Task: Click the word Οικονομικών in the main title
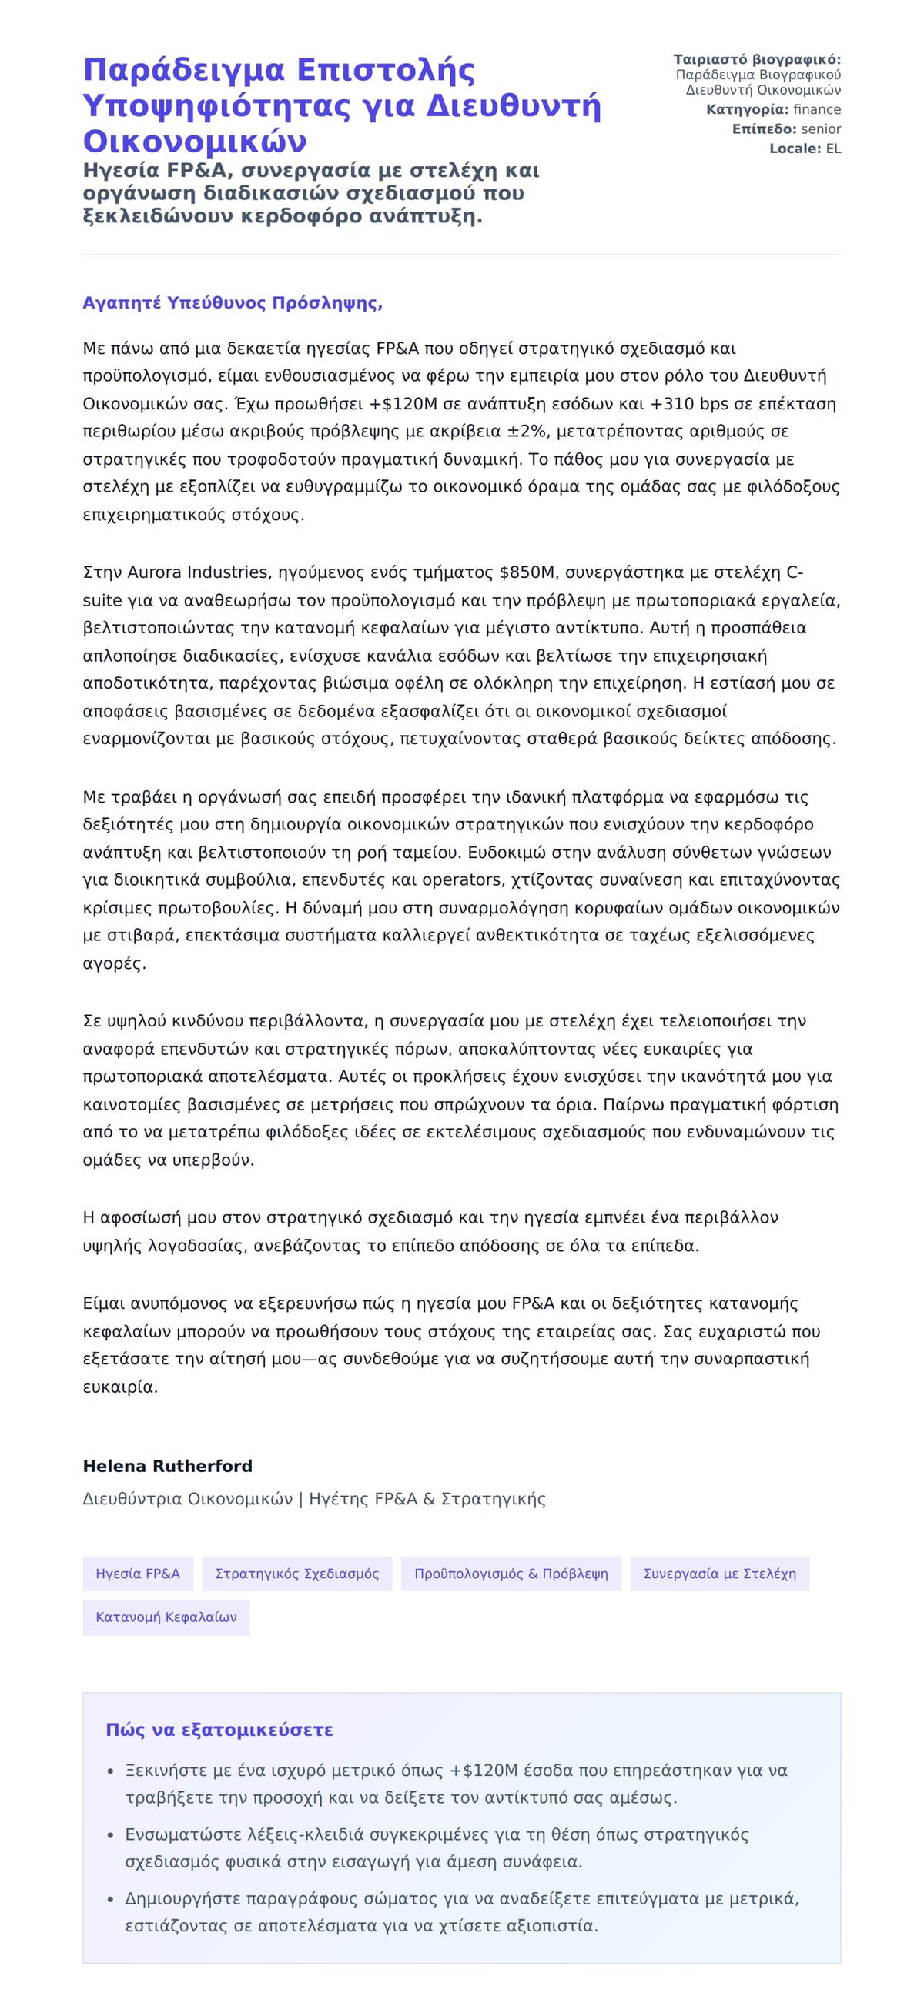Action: coord(195,142)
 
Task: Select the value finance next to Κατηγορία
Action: coord(817,109)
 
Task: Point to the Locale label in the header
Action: coord(794,149)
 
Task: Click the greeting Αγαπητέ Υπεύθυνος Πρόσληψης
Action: coord(233,303)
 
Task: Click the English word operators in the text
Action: coord(462,879)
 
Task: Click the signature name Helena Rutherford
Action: coord(168,1466)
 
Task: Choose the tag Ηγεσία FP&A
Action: coord(138,1574)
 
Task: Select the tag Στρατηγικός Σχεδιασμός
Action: coord(296,1574)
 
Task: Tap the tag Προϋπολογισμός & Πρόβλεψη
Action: coord(511,1574)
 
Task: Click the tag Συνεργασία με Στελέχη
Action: coord(719,1574)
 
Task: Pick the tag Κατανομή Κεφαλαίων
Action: coord(166,1617)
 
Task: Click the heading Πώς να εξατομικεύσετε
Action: coord(219,1730)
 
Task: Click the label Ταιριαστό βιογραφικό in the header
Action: coord(756,59)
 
